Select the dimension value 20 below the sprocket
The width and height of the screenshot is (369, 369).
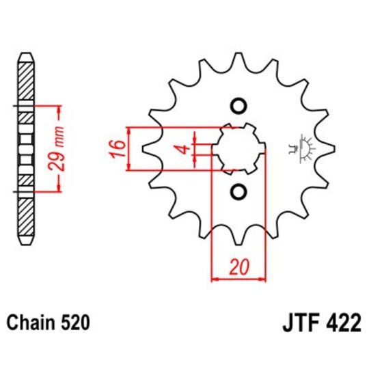point(238,267)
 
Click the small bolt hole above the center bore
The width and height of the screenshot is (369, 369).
point(238,106)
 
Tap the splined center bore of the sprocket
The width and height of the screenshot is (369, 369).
point(238,148)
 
